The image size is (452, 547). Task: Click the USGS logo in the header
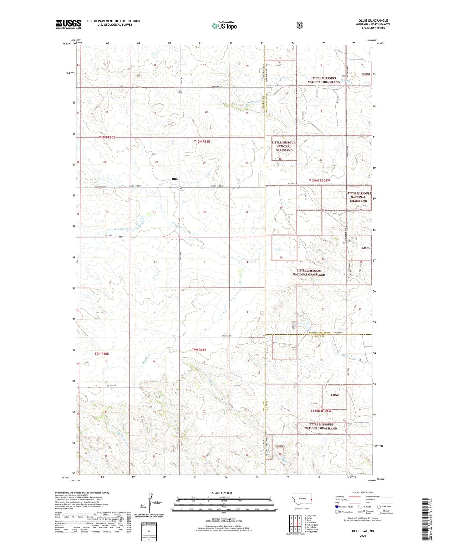click(x=68, y=24)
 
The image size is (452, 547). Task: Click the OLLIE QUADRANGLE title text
click(x=373, y=21)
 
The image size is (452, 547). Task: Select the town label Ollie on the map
click(x=175, y=179)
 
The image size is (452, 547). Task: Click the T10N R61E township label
click(x=202, y=142)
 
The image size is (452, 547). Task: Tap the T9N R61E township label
click(x=199, y=350)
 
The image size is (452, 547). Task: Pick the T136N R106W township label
click(x=319, y=180)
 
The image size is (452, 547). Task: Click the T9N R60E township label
click(x=102, y=354)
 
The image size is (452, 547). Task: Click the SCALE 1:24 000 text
click(x=222, y=493)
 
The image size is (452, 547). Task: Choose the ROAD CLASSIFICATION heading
click(x=363, y=493)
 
